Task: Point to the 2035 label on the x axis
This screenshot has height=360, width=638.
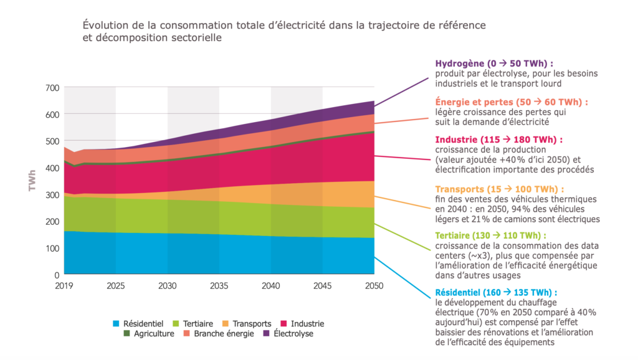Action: click(x=219, y=286)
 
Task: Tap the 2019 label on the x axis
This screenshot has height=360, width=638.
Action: click(x=64, y=286)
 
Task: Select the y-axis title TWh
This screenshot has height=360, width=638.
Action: click(x=32, y=181)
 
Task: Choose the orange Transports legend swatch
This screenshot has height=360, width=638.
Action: click(x=226, y=324)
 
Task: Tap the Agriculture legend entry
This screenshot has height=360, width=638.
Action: click(x=155, y=334)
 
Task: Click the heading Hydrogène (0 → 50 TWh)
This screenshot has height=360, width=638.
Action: click(x=494, y=64)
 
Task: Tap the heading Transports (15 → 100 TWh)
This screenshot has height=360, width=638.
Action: click(x=500, y=189)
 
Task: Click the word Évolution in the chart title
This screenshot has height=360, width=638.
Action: click(x=104, y=26)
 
